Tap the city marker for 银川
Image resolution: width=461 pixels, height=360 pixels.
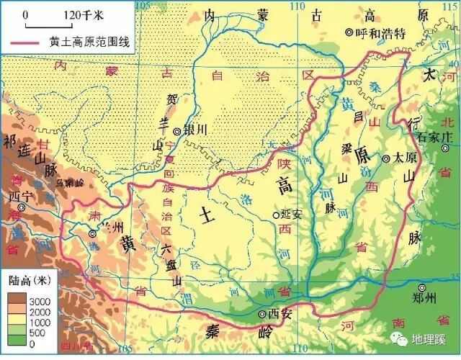(177, 131)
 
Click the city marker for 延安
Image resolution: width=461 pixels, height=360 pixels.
(275, 215)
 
